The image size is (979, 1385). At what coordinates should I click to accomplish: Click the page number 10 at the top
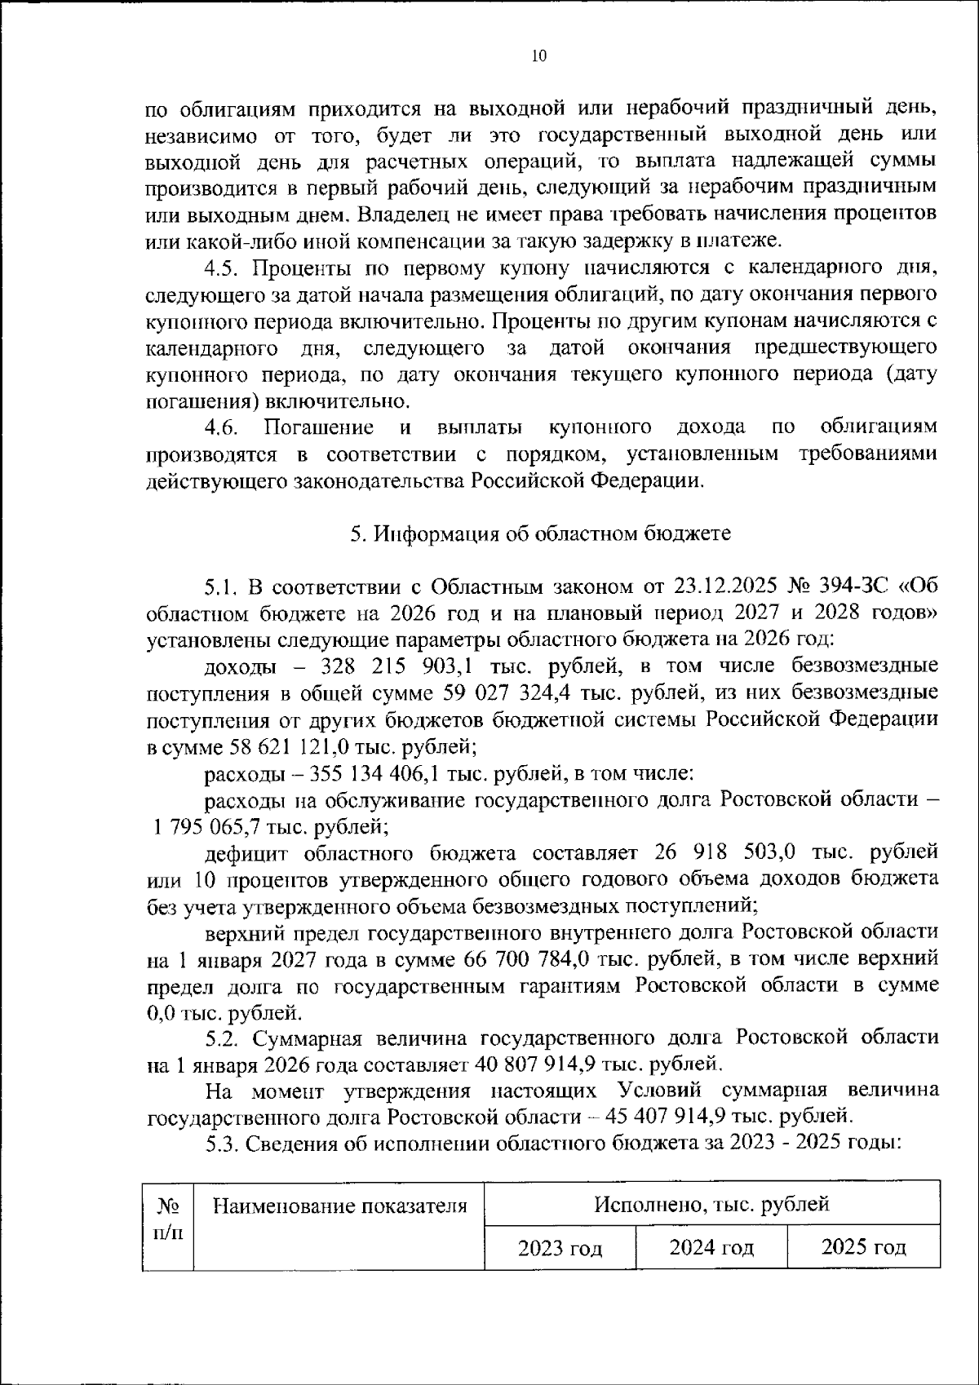[538, 55]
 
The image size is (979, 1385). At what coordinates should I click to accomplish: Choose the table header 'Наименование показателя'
[339, 1206]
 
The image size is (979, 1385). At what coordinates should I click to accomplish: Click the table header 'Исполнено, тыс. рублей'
[711, 1204]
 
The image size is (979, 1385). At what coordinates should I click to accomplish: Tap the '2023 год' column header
[560, 1248]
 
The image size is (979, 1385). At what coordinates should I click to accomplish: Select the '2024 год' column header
[711, 1248]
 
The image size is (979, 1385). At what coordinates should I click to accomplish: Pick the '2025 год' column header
[863, 1248]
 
